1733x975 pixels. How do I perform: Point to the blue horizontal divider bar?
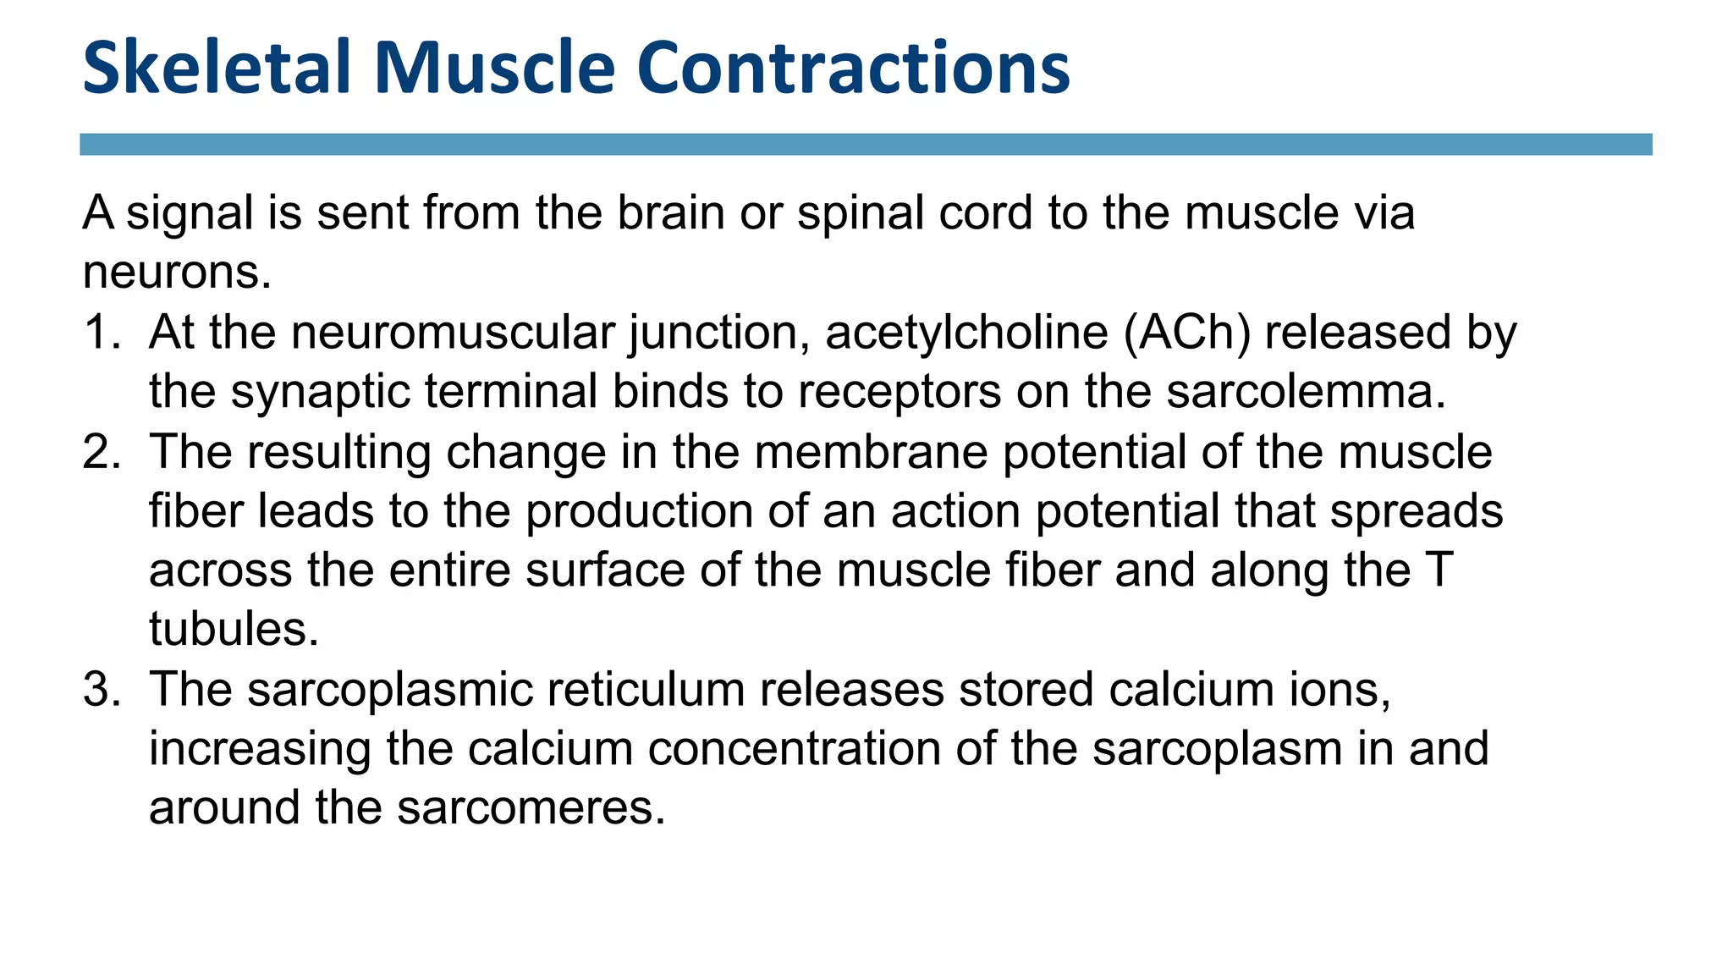[866, 145]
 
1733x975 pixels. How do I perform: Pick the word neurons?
[177, 273]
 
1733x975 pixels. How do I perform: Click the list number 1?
[99, 332]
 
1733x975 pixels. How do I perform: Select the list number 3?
[99, 689]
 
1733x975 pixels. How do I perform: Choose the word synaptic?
[320, 393]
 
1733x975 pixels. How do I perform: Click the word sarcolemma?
[1306, 391]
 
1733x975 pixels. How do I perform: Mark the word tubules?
[234, 630]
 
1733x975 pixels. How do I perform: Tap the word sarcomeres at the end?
[531, 808]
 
